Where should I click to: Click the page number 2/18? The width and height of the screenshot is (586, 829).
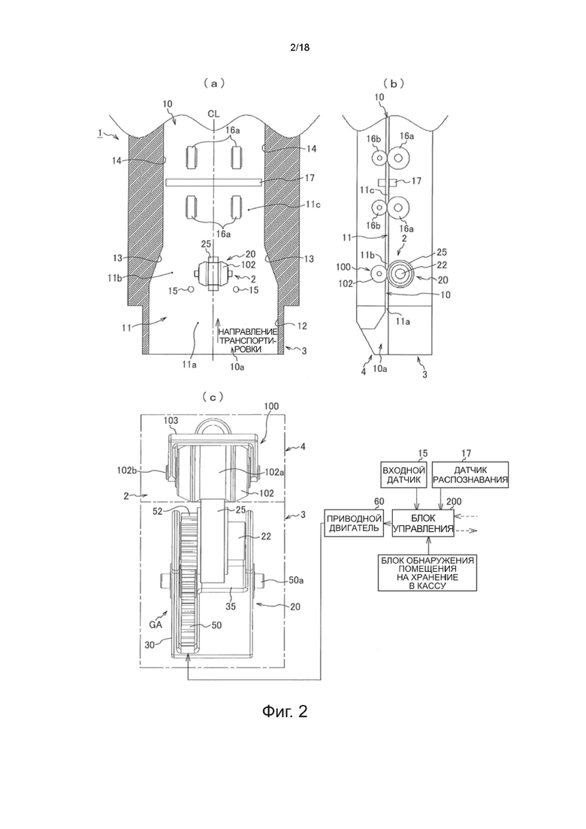click(300, 47)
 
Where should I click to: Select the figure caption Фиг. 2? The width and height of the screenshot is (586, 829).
click(284, 711)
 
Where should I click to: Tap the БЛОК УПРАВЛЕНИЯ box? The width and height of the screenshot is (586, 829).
click(423, 523)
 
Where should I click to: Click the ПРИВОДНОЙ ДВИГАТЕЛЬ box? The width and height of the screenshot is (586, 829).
click(354, 523)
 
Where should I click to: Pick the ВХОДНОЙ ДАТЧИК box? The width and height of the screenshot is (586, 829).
click(403, 474)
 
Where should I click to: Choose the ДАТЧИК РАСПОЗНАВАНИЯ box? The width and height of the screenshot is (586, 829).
click(470, 474)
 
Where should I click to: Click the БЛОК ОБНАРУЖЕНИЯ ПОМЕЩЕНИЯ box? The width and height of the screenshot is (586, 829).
click(427, 573)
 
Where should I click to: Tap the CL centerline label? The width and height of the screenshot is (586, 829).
click(213, 113)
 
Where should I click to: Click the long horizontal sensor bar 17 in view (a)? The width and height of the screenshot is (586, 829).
click(213, 183)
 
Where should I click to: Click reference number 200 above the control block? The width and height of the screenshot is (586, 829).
click(454, 502)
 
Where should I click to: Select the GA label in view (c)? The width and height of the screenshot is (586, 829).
click(156, 624)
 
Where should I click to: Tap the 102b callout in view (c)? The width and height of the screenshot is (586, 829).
click(127, 468)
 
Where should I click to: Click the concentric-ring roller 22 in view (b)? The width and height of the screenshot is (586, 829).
click(400, 273)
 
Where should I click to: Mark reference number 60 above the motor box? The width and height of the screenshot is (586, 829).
click(379, 501)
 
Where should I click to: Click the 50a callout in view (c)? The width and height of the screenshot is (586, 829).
click(295, 580)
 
